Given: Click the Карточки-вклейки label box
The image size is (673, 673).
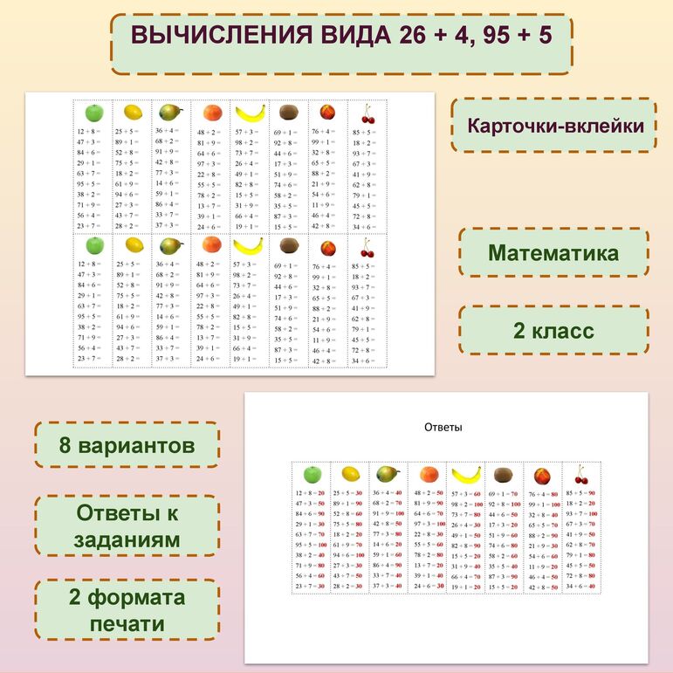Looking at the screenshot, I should tap(555, 125).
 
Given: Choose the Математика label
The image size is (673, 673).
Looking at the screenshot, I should tap(553, 253).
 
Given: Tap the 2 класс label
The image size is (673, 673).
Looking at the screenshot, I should tap(553, 331).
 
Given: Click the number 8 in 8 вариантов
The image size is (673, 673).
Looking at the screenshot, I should tap(65, 445).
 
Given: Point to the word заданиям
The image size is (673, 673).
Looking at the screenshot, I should tap(127, 539).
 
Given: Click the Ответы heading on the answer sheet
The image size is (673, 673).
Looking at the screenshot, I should tap(443, 428).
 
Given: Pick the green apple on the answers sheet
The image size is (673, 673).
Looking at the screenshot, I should tap(311, 474).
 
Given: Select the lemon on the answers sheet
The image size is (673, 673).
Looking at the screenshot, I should tap(350, 474).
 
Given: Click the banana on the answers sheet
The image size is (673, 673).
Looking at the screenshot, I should tap(466, 475).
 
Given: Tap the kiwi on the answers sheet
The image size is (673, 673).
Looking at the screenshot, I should tap(504, 475).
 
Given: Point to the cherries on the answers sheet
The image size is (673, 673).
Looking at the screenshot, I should tap(582, 475).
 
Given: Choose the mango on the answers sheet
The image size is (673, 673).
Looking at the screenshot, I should tap(388, 474).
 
